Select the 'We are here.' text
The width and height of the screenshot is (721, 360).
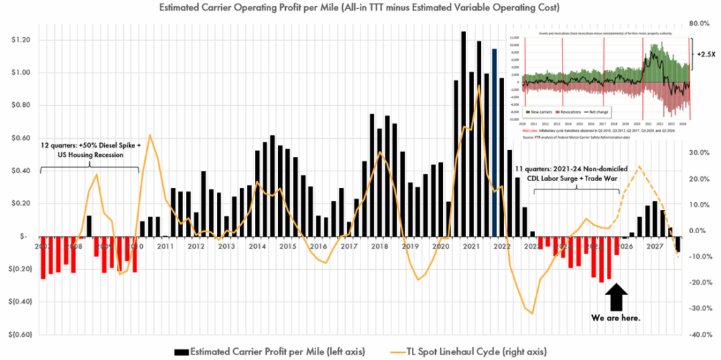tap(617, 318)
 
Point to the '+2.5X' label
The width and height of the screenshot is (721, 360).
tap(706, 54)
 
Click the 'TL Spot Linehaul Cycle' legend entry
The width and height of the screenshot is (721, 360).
tap(468, 350)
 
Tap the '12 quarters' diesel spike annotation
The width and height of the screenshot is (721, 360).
tap(89, 149)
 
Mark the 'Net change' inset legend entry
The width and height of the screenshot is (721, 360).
tap(597, 111)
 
